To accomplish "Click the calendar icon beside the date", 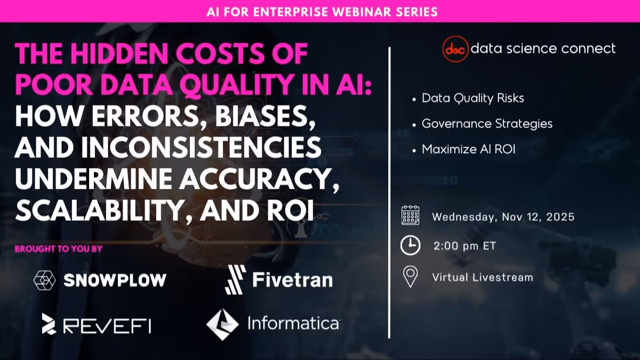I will coord(410,217).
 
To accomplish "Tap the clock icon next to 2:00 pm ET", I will coord(410,246).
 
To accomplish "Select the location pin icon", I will coord(410,277).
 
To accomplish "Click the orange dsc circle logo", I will coord(455,49).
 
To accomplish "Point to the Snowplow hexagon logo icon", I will coord(44,280).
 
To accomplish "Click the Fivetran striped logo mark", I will coord(235,280).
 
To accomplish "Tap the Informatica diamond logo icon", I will coord(222,324).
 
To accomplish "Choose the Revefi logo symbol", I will coord(49,324).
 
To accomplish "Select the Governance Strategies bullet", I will coord(487,124).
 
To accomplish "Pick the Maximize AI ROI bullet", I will coord(468,149).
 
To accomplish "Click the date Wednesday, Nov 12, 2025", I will coord(503,217).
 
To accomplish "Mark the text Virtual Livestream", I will coord(482,277).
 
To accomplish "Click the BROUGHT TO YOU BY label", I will coord(58,249).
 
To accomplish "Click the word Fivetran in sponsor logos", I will coord(292,280).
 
